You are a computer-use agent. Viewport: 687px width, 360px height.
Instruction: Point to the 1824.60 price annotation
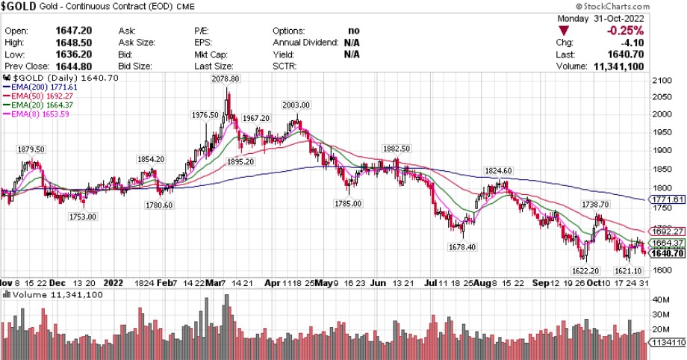[499, 170]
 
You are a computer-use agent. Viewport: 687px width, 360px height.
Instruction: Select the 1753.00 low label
[82, 217]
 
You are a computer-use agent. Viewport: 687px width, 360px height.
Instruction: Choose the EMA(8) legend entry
[37, 114]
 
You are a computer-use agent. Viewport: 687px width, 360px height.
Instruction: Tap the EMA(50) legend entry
[38, 96]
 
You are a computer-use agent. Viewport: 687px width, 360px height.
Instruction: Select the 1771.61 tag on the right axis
[668, 200]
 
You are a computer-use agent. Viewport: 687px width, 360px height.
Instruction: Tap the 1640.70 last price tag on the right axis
[668, 253]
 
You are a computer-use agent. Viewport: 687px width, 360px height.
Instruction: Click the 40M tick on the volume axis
[659, 299]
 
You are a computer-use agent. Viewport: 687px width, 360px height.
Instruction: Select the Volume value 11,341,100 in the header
[650, 66]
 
